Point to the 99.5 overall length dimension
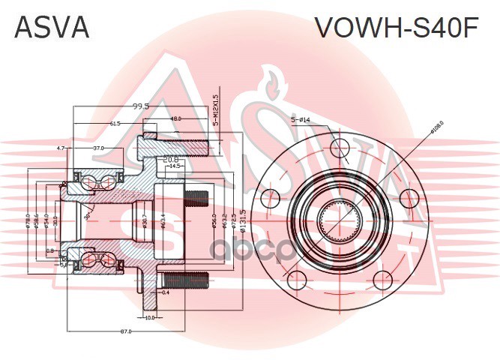coord(140,106)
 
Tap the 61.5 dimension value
coord(115,123)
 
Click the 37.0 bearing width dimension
coord(98,148)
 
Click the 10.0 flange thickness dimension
coord(149,317)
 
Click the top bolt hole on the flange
coord(340,146)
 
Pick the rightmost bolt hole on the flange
coord(409,198)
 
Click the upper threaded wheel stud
coord(196,199)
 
